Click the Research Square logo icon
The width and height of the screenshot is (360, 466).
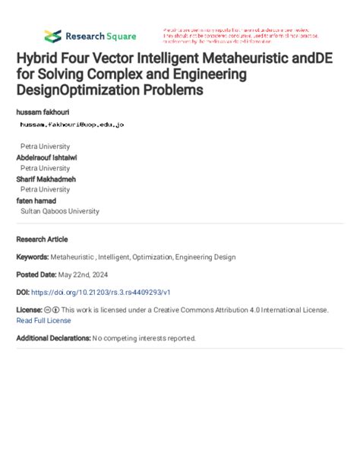pos(52,36)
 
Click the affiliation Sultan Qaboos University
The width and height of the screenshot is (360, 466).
pos(59,211)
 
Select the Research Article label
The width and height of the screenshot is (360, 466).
pos(43,238)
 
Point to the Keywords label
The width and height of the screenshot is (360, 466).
pos(33,258)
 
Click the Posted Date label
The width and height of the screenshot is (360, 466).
pos(36,274)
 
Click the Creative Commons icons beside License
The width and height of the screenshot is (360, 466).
pos(52,310)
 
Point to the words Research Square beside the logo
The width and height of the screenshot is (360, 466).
pos(100,36)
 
